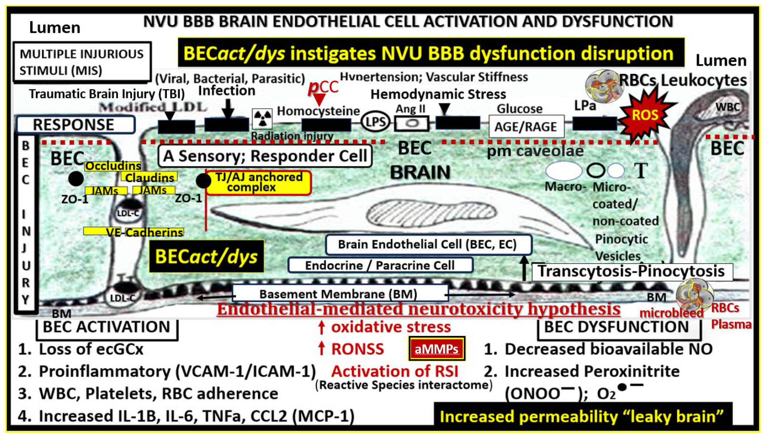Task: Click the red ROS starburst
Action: tap(644, 115)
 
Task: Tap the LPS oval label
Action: tap(375, 123)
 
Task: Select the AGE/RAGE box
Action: tap(526, 126)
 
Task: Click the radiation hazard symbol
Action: tap(262, 118)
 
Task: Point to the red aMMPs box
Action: tap(436, 349)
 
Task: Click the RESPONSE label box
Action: tap(75, 125)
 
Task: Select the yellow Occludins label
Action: tap(113, 166)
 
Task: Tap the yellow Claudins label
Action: tap(149, 177)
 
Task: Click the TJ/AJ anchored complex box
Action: tap(259, 182)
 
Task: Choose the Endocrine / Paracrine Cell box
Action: tap(380, 265)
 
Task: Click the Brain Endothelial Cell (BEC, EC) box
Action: tap(428, 244)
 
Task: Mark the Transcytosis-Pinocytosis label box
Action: tap(631, 271)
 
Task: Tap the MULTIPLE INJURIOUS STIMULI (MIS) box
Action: tap(81, 62)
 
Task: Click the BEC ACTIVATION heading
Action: tap(107, 327)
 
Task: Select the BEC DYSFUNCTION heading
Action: tap(617, 327)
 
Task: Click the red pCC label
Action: tap(323, 87)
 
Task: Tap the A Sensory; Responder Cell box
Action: tap(265, 156)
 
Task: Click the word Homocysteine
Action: tap(318, 111)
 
